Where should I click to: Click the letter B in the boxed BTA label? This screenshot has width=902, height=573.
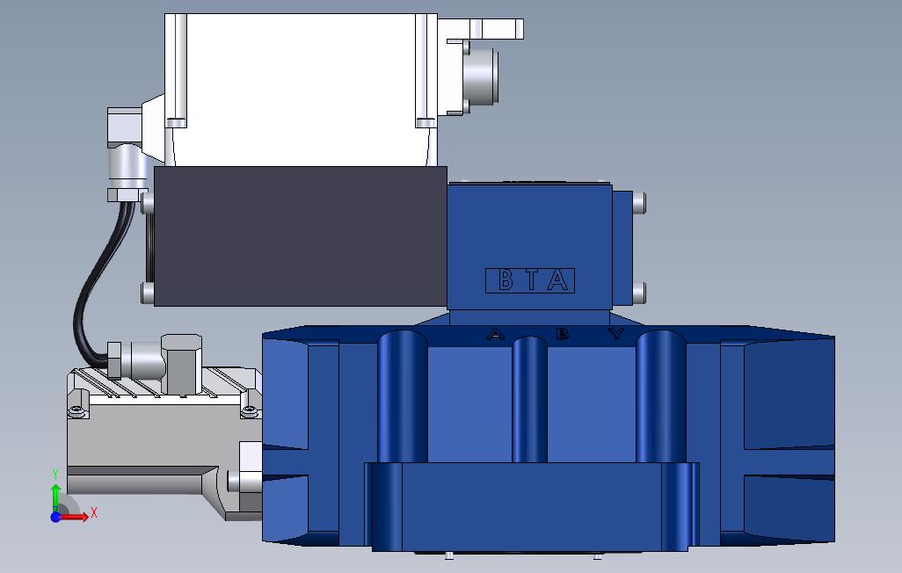click(506, 280)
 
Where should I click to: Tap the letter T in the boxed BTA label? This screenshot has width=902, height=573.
click(532, 280)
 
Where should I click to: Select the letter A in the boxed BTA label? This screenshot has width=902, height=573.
click(557, 280)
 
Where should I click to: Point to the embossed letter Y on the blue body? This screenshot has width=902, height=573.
click(616, 333)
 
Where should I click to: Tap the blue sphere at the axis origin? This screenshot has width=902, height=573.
click(55, 517)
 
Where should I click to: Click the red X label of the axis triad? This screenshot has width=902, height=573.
click(94, 512)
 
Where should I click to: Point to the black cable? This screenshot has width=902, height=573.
click(81, 299)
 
